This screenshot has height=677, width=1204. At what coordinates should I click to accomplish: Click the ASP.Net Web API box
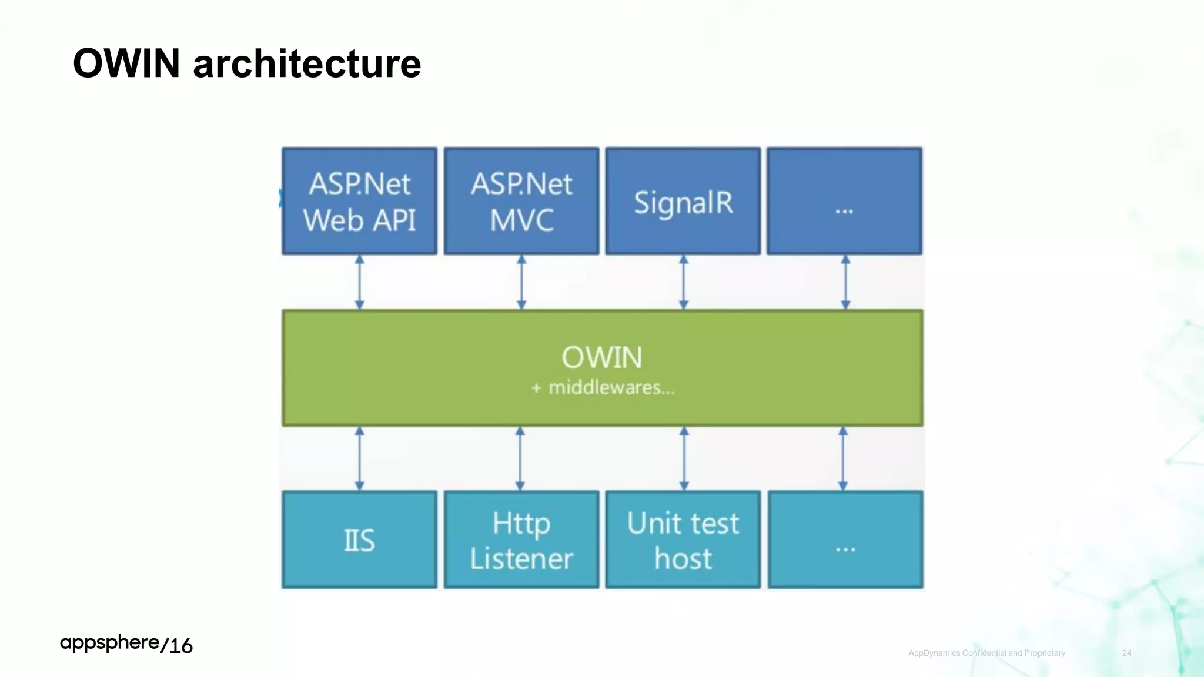(x=359, y=201)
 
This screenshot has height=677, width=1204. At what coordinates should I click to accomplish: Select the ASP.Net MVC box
(x=521, y=201)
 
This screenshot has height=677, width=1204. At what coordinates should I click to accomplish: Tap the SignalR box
(x=683, y=201)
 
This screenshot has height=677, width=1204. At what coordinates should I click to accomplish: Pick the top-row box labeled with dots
(x=845, y=201)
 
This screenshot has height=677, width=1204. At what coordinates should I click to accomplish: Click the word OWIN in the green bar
(x=601, y=357)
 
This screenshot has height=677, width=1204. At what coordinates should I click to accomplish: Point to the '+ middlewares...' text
(x=603, y=388)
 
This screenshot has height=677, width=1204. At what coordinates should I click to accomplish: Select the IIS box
(x=359, y=539)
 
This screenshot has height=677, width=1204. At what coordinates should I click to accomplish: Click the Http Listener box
(x=521, y=539)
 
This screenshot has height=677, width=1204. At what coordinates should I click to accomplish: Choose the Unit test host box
(x=683, y=539)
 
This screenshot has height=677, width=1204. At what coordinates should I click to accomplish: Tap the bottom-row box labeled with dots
(x=845, y=539)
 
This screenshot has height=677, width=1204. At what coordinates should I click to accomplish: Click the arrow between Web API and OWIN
(x=360, y=282)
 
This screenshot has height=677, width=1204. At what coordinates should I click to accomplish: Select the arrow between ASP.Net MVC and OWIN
(x=521, y=282)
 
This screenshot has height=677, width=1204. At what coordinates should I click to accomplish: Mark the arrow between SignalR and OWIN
(x=683, y=282)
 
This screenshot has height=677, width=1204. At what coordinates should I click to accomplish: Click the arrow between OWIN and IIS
(x=360, y=458)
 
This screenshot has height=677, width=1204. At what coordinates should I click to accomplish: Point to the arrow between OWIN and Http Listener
(x=520, y=458)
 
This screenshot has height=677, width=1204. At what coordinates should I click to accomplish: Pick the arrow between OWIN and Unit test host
(x=684, y=458)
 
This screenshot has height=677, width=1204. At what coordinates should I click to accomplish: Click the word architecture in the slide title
(x=307, y=63)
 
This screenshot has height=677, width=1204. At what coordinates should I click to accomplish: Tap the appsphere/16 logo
(x=126, y=644)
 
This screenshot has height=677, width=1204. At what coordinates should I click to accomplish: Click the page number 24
(x=1126, y=653)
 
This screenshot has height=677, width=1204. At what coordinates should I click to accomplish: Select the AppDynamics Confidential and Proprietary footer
(x=986, y=653)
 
